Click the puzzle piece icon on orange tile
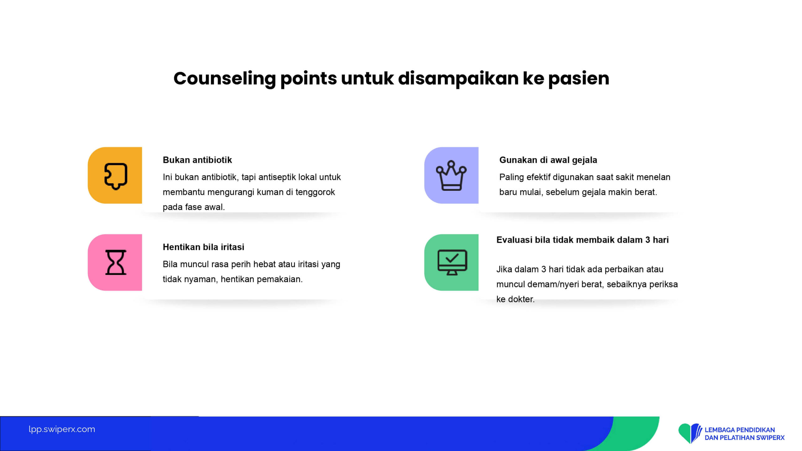(116, 176)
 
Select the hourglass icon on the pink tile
(116, 262)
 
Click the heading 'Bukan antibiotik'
(197, 160)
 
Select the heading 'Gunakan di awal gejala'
(548, 160)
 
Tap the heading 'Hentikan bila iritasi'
(203, 247)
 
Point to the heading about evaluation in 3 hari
(582, 240)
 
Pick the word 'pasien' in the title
(579, 79)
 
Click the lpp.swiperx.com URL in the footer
(62, 429)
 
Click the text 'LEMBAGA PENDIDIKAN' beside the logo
(740, 430)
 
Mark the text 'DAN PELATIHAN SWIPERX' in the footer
(745, 438)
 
